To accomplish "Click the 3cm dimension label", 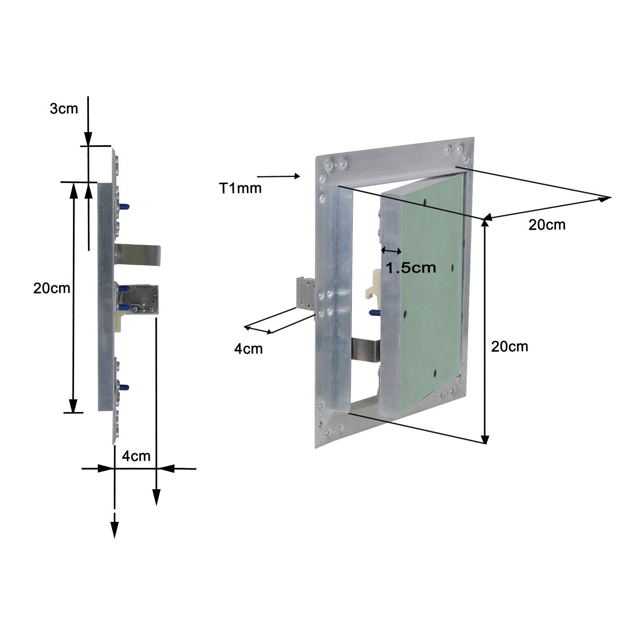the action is (x=64, y=109).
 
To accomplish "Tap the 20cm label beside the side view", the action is (x=52, y=288).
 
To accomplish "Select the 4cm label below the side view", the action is (x=136, y=456).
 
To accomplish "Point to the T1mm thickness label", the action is (x=241, y=188).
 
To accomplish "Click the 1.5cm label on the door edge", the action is (x=411, y=268).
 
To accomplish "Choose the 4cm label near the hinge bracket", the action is (x=248, y=349).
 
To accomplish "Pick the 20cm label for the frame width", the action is (x=547, y=225).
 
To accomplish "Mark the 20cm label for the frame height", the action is (x=510, y=346).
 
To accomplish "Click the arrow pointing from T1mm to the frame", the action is (x=279, y=176).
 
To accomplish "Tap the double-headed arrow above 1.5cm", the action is (x=391, y=250).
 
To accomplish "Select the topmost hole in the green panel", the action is (x=425, y=203).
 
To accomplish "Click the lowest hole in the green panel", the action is (x=435, y=372).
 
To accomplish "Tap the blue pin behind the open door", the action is (x=374, y=313).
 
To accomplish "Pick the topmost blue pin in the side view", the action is (x=124, y=206).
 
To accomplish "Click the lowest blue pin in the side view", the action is (x=124, y=387).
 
